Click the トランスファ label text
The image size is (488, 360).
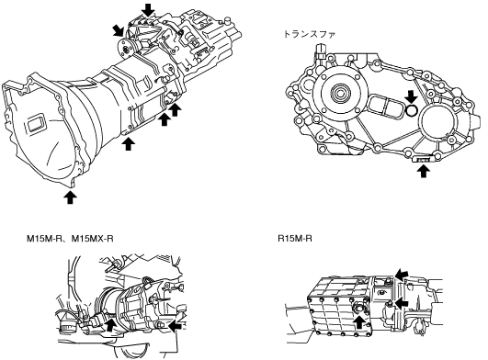click(310, 34)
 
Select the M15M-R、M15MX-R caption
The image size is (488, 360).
click(70, 239)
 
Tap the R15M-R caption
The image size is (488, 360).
click(295, 239)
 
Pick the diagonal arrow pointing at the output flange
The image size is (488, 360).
click(119, 31)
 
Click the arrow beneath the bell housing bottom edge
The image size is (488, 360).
click(71, 197)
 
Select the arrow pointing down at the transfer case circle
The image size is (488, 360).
click(411, 96)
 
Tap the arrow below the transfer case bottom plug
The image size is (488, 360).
click(423, 171)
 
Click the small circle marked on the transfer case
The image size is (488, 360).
click(412, 110)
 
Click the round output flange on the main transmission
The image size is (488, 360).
click(126, 49)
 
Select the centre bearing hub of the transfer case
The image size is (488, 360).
click(338, 93)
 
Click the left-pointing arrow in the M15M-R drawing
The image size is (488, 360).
click(176, 324)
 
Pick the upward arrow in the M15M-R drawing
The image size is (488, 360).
click(110, 325)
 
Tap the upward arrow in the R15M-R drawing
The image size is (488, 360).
click(359, 321)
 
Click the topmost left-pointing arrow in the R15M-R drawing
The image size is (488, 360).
click(402, 274)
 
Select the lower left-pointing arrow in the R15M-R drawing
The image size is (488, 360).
click(402, 302)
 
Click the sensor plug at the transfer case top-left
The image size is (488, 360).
click(320, 52)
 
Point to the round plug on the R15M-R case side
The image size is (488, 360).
click(358, 309)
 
